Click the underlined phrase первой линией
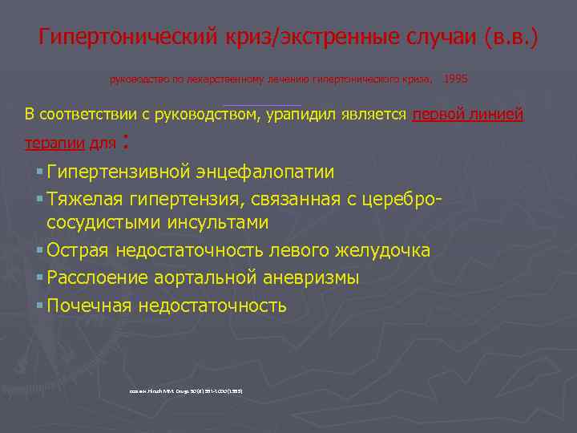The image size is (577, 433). pyautogui.click(x=467, y=115)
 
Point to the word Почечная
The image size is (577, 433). pyautogui.click(x=89, y=306)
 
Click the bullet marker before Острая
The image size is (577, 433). pyautogui.click(x=39, y=251)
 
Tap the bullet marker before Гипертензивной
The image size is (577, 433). pyautogui.click(x=39, y=172)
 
